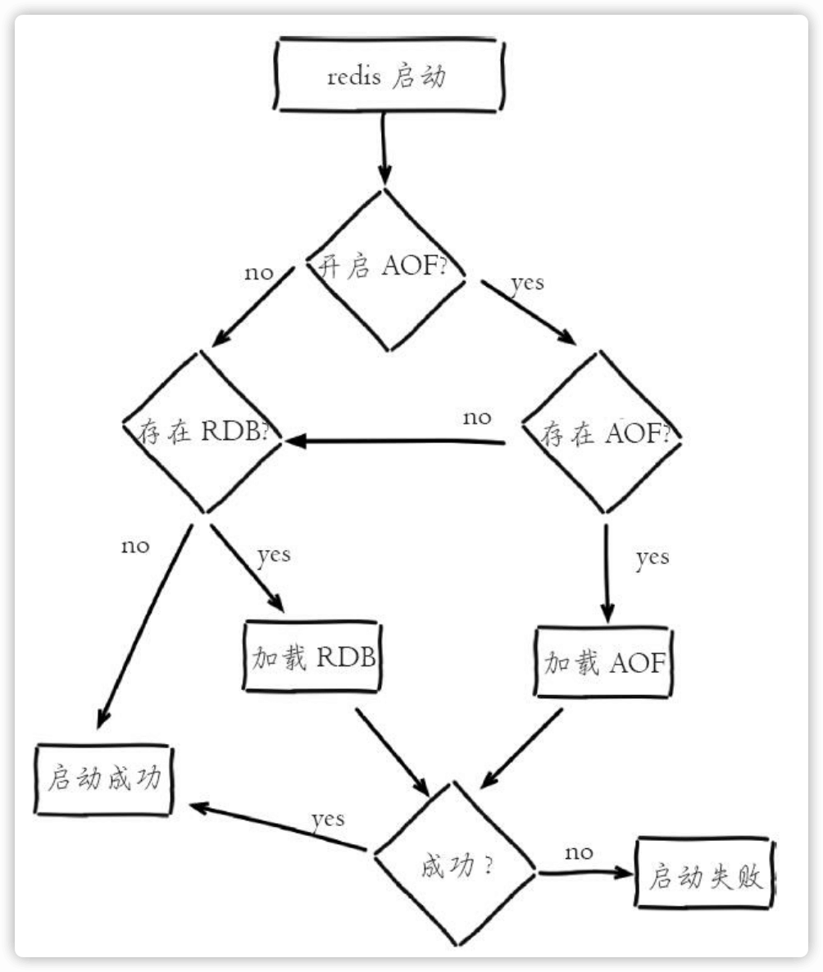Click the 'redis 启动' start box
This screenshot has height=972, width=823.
[388, 77]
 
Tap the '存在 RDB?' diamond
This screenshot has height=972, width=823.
[205, 434]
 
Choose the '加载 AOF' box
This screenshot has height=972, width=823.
[603, 661]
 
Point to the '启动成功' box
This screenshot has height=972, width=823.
[104, 779]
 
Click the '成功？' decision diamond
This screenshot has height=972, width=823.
[455, 864]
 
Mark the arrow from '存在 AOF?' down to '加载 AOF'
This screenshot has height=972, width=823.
[607, 574]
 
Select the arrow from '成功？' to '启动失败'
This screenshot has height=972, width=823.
[586, 874]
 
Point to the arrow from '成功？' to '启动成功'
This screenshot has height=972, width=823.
[279, 828]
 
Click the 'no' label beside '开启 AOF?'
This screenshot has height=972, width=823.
[258, 272]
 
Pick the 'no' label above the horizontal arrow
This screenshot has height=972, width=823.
[477, 417]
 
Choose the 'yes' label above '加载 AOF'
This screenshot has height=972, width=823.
[652, 558]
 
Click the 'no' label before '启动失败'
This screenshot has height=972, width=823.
[579, 852]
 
